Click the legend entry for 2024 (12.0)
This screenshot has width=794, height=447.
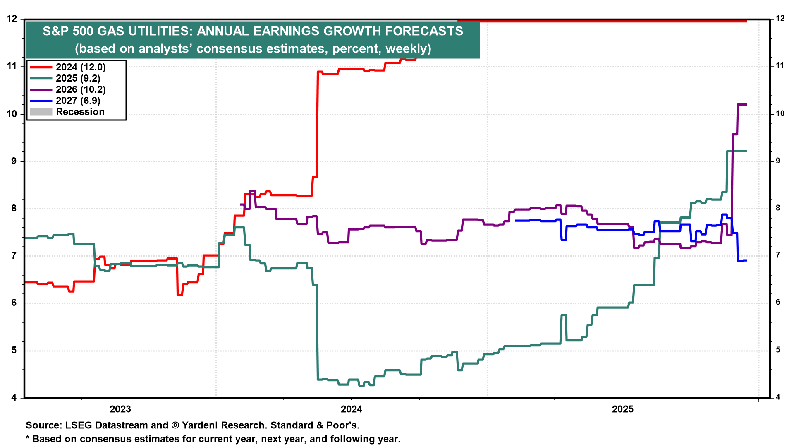click(81, 67)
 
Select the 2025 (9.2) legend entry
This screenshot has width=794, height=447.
click(78, 78)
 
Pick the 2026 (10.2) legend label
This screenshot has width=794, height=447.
click(81, 89)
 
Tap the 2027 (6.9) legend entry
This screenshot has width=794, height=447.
click(78, 101)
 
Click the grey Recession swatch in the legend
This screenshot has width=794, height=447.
click(41, 112)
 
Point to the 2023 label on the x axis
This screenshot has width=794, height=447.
click(120, 409)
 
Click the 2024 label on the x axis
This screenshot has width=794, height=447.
click(351, 409)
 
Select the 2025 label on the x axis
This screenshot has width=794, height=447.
click(622, 409)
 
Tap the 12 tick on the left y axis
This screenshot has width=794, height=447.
click(12, 19)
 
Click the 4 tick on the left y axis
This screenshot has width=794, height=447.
click(14, 398)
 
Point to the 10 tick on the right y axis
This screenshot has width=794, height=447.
click(780, 113)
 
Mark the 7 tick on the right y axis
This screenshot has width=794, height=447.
click(778, 255)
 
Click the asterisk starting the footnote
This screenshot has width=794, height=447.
click(28, 438)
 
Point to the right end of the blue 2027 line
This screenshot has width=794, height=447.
click(746, 260)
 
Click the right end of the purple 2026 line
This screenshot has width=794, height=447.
click(746, 104)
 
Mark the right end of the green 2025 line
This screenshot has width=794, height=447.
click(746, 151)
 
